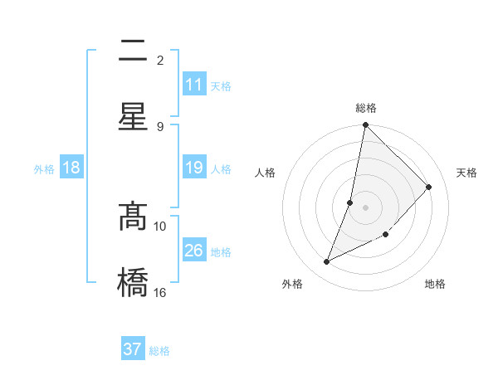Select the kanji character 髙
(133, 217)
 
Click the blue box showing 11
(194, 85)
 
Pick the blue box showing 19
(194, 168)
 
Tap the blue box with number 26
(194, 251)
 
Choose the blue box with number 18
(71, 168)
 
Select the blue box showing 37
(133, 349)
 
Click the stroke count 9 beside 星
(160, 126)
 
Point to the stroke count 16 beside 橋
(160, 292)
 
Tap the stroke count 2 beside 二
(160, 60)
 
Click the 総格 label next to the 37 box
(159, 351)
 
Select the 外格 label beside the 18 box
(44, 169)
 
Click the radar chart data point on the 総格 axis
(365, 125)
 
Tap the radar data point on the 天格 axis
(429, 187)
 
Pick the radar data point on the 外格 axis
(327, 261)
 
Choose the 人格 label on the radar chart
(266, 173)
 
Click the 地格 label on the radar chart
(435, 284)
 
